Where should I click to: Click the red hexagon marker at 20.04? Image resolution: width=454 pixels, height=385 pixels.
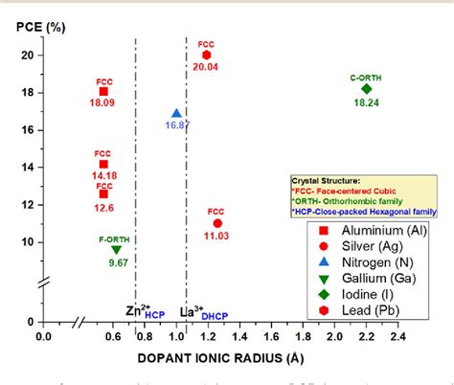[206, 56]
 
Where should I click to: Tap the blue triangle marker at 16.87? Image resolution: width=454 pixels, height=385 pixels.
[176, 114]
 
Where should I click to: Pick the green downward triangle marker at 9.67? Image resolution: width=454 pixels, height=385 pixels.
[118, 249]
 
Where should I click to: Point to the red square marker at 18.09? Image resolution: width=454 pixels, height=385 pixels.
[102, 91]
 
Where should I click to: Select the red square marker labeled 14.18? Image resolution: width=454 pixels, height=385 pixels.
[102, 165]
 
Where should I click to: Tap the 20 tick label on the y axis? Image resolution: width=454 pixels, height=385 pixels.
[27, 56]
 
